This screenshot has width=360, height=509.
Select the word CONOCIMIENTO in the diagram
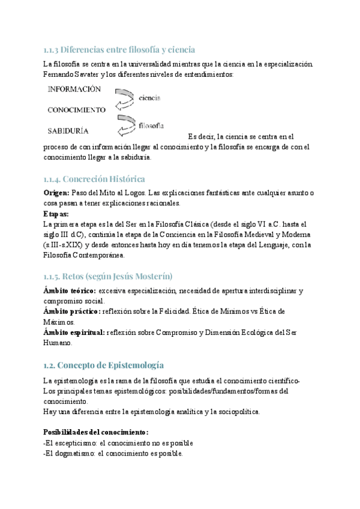[x=77, y=110]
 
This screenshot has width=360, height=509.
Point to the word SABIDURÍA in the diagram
[x=68, y=130]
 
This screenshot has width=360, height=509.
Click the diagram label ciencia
[x=149, y=97]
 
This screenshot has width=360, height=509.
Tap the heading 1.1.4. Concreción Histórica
[x=94, y=179]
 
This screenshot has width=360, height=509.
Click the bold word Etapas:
[x=56, y=213]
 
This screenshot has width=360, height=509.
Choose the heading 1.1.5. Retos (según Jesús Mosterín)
[x=108, y=276]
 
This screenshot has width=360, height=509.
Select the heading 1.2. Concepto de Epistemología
[x=104, y=366]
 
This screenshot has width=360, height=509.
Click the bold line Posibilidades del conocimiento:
[x=96, y=432]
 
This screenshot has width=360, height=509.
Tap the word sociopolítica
[x=236, y=412]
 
